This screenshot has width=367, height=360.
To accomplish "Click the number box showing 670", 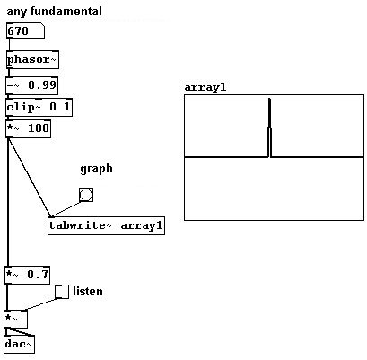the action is [x=25, y=31].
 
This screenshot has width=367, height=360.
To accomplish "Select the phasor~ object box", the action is [x=32, y=59].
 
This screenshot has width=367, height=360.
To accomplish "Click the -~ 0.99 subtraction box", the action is [x=31, y=85].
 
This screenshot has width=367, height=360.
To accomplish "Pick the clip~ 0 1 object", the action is [x=39, y=107].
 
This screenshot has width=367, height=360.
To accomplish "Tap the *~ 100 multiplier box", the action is [x=28, y=128].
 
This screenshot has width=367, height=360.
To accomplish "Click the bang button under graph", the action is [x=86, y=195].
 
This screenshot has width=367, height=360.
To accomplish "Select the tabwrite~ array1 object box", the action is [x=106, y=225].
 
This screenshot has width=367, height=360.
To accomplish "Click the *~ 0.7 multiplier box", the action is [x=27, y=275].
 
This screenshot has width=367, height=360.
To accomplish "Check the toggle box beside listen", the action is [x=62, y=292].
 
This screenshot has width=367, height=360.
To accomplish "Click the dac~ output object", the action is [x=20, y=344].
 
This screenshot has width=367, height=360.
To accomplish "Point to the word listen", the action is [x=88, y=291].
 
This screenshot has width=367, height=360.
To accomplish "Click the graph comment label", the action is [x=96, y=169].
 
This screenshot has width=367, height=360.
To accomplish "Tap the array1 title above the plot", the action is [x=205, y=87].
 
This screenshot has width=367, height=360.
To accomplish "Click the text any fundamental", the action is [x=54, y=12].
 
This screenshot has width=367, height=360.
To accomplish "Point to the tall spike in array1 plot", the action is [x=270, y=127].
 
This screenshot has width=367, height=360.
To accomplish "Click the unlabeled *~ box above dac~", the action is [x=16, y=319].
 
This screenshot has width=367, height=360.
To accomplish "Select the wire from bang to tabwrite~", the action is [x=66, y=209].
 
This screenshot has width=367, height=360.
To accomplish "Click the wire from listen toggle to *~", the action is [x=40, y=304].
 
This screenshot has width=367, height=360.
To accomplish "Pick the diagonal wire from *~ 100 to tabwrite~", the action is [x=29, y=177].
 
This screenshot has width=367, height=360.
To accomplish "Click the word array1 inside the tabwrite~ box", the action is [x=142, y=225].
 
